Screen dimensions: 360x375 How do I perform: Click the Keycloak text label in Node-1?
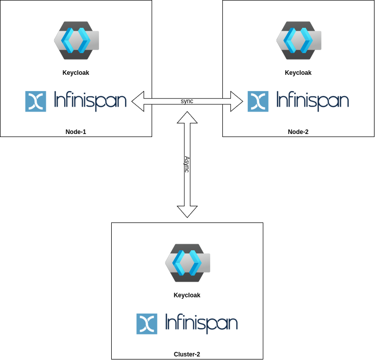click(76, 73)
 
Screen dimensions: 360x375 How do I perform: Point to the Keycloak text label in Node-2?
click(298, 73)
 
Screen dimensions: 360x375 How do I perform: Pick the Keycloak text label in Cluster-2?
click(187, 295)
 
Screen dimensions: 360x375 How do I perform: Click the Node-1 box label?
click(76, 132)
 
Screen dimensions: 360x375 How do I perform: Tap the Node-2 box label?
click(298, 132)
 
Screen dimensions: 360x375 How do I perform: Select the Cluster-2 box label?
click(187, 354)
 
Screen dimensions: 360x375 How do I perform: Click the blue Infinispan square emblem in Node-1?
click(35, 101)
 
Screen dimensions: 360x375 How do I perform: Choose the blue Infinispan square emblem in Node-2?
click(258, 101)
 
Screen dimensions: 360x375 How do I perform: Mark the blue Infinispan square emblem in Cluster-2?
click(147, 324)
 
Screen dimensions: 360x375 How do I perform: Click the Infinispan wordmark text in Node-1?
click(90, 101)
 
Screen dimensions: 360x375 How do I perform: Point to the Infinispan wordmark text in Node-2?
click(312, 101)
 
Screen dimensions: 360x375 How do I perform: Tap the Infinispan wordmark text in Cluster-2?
click(201, 324)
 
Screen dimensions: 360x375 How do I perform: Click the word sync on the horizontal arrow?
click(187, 101)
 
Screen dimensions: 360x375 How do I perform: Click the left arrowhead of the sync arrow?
click(138, 101)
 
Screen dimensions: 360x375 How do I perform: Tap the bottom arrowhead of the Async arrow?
click(187, 211)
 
